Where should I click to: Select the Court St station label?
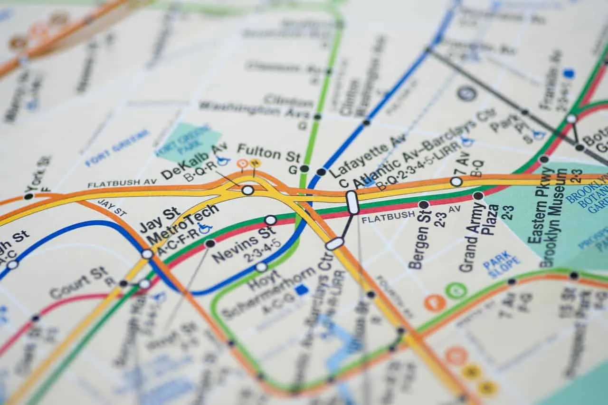point(78,282)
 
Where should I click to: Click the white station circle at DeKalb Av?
point(247,190)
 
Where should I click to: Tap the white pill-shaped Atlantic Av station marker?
point(352,202)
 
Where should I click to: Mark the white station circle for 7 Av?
point(456,181)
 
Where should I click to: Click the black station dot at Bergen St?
point(423,204)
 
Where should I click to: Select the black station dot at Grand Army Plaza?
point(478,195)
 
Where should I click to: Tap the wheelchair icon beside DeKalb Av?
point(223,161)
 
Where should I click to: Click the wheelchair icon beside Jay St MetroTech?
point(205,228)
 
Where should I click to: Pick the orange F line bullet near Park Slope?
point(435,303)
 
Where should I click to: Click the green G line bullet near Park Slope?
point(456,290)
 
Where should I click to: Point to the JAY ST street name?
point(112,208)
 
